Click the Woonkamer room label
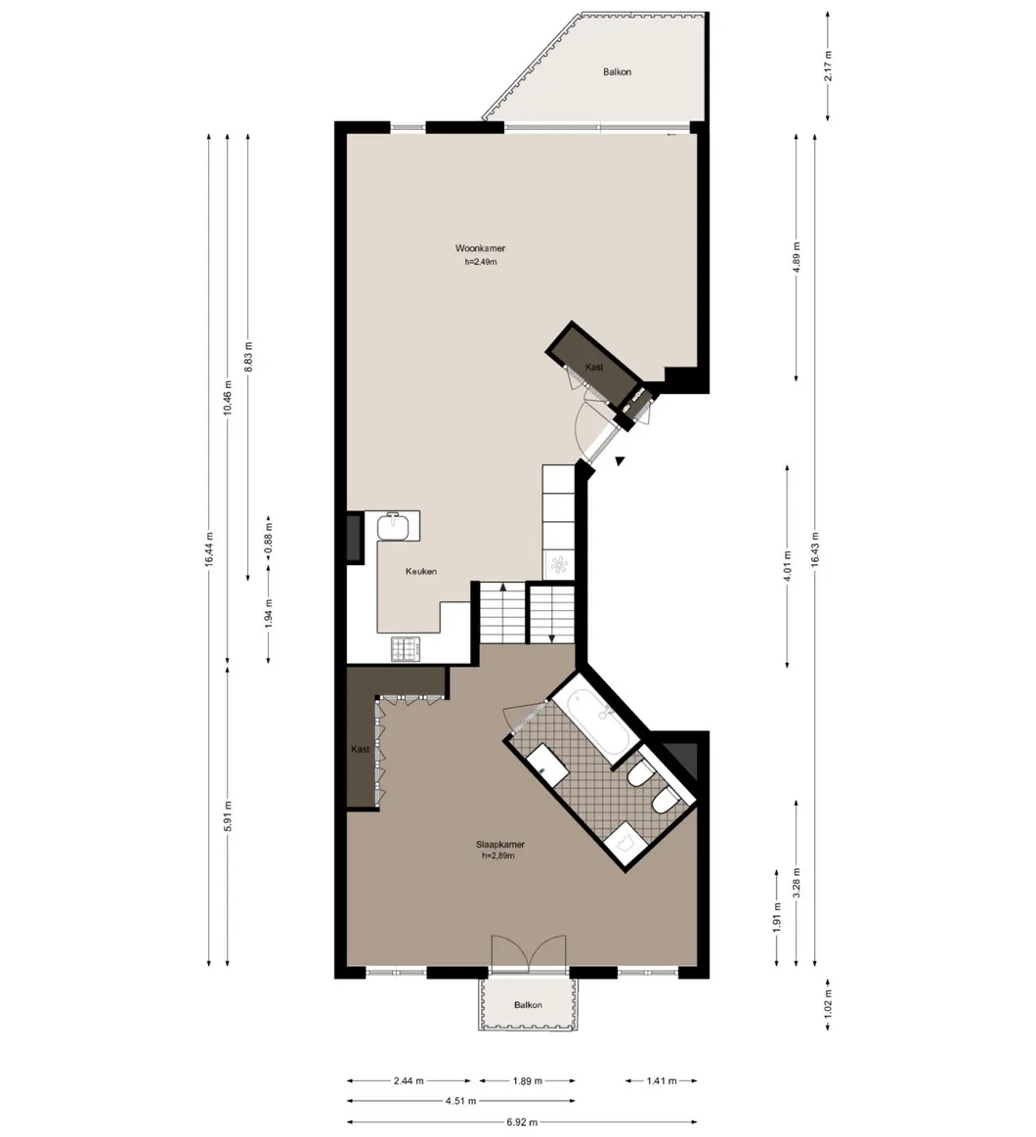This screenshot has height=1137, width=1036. click(480, 248)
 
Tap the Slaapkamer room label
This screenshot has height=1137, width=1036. click(500, 844)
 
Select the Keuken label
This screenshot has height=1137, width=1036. click(421, 571)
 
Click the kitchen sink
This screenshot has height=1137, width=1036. click(398, 526)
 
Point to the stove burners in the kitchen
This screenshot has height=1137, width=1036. click(406, 648)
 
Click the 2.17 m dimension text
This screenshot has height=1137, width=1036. click(827, 66)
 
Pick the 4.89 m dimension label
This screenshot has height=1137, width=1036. click(796, 257)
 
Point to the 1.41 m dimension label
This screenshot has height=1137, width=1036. click(662, 1080)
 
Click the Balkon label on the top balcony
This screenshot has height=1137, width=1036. click(617, 71)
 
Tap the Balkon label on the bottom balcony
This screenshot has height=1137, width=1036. click(528, 1005)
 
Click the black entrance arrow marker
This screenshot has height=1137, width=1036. click(619, 460)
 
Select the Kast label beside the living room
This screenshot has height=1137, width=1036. click(594, 367)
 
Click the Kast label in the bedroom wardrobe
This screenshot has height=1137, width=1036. click(361, 749)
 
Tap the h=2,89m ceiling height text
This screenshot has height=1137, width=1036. click(498, 855)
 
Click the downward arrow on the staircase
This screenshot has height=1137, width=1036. click(551, 637)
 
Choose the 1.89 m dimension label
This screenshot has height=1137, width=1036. click(527, 1080)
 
